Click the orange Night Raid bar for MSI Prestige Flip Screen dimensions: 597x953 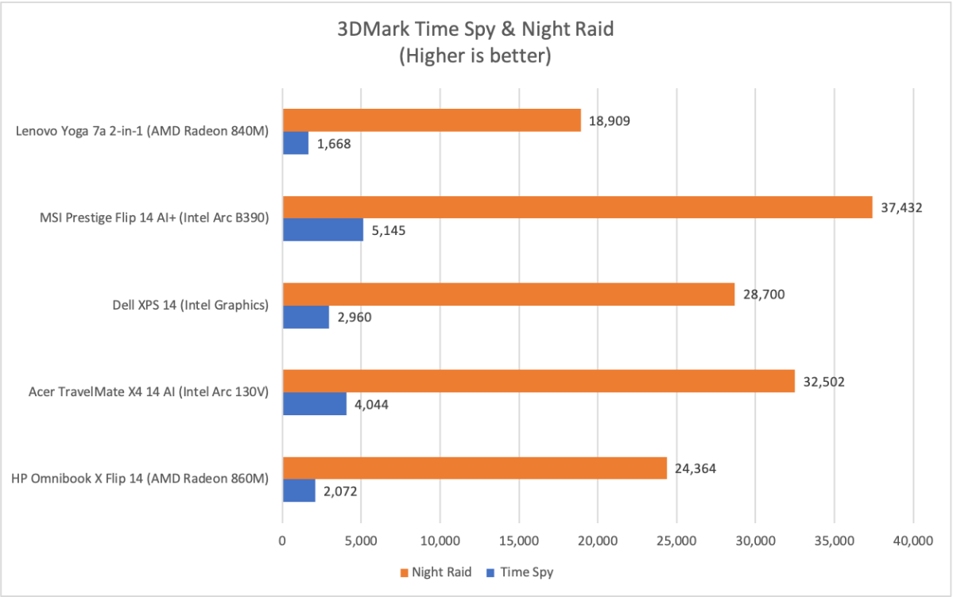(577, 207)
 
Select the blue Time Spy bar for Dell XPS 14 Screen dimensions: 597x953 (306, 318)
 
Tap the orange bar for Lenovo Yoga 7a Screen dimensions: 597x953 (432, 120)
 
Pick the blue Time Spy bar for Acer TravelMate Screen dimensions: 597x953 (315, 404)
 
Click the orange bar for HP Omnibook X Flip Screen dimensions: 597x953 (475, 468)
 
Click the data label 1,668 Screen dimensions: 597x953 (335, 144)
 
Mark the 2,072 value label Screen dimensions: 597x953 (341, 491)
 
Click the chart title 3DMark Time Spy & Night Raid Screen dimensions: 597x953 (475, 30)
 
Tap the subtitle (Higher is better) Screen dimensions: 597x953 (475, 56)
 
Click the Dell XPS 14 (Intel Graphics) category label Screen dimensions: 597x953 (189, 306)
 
